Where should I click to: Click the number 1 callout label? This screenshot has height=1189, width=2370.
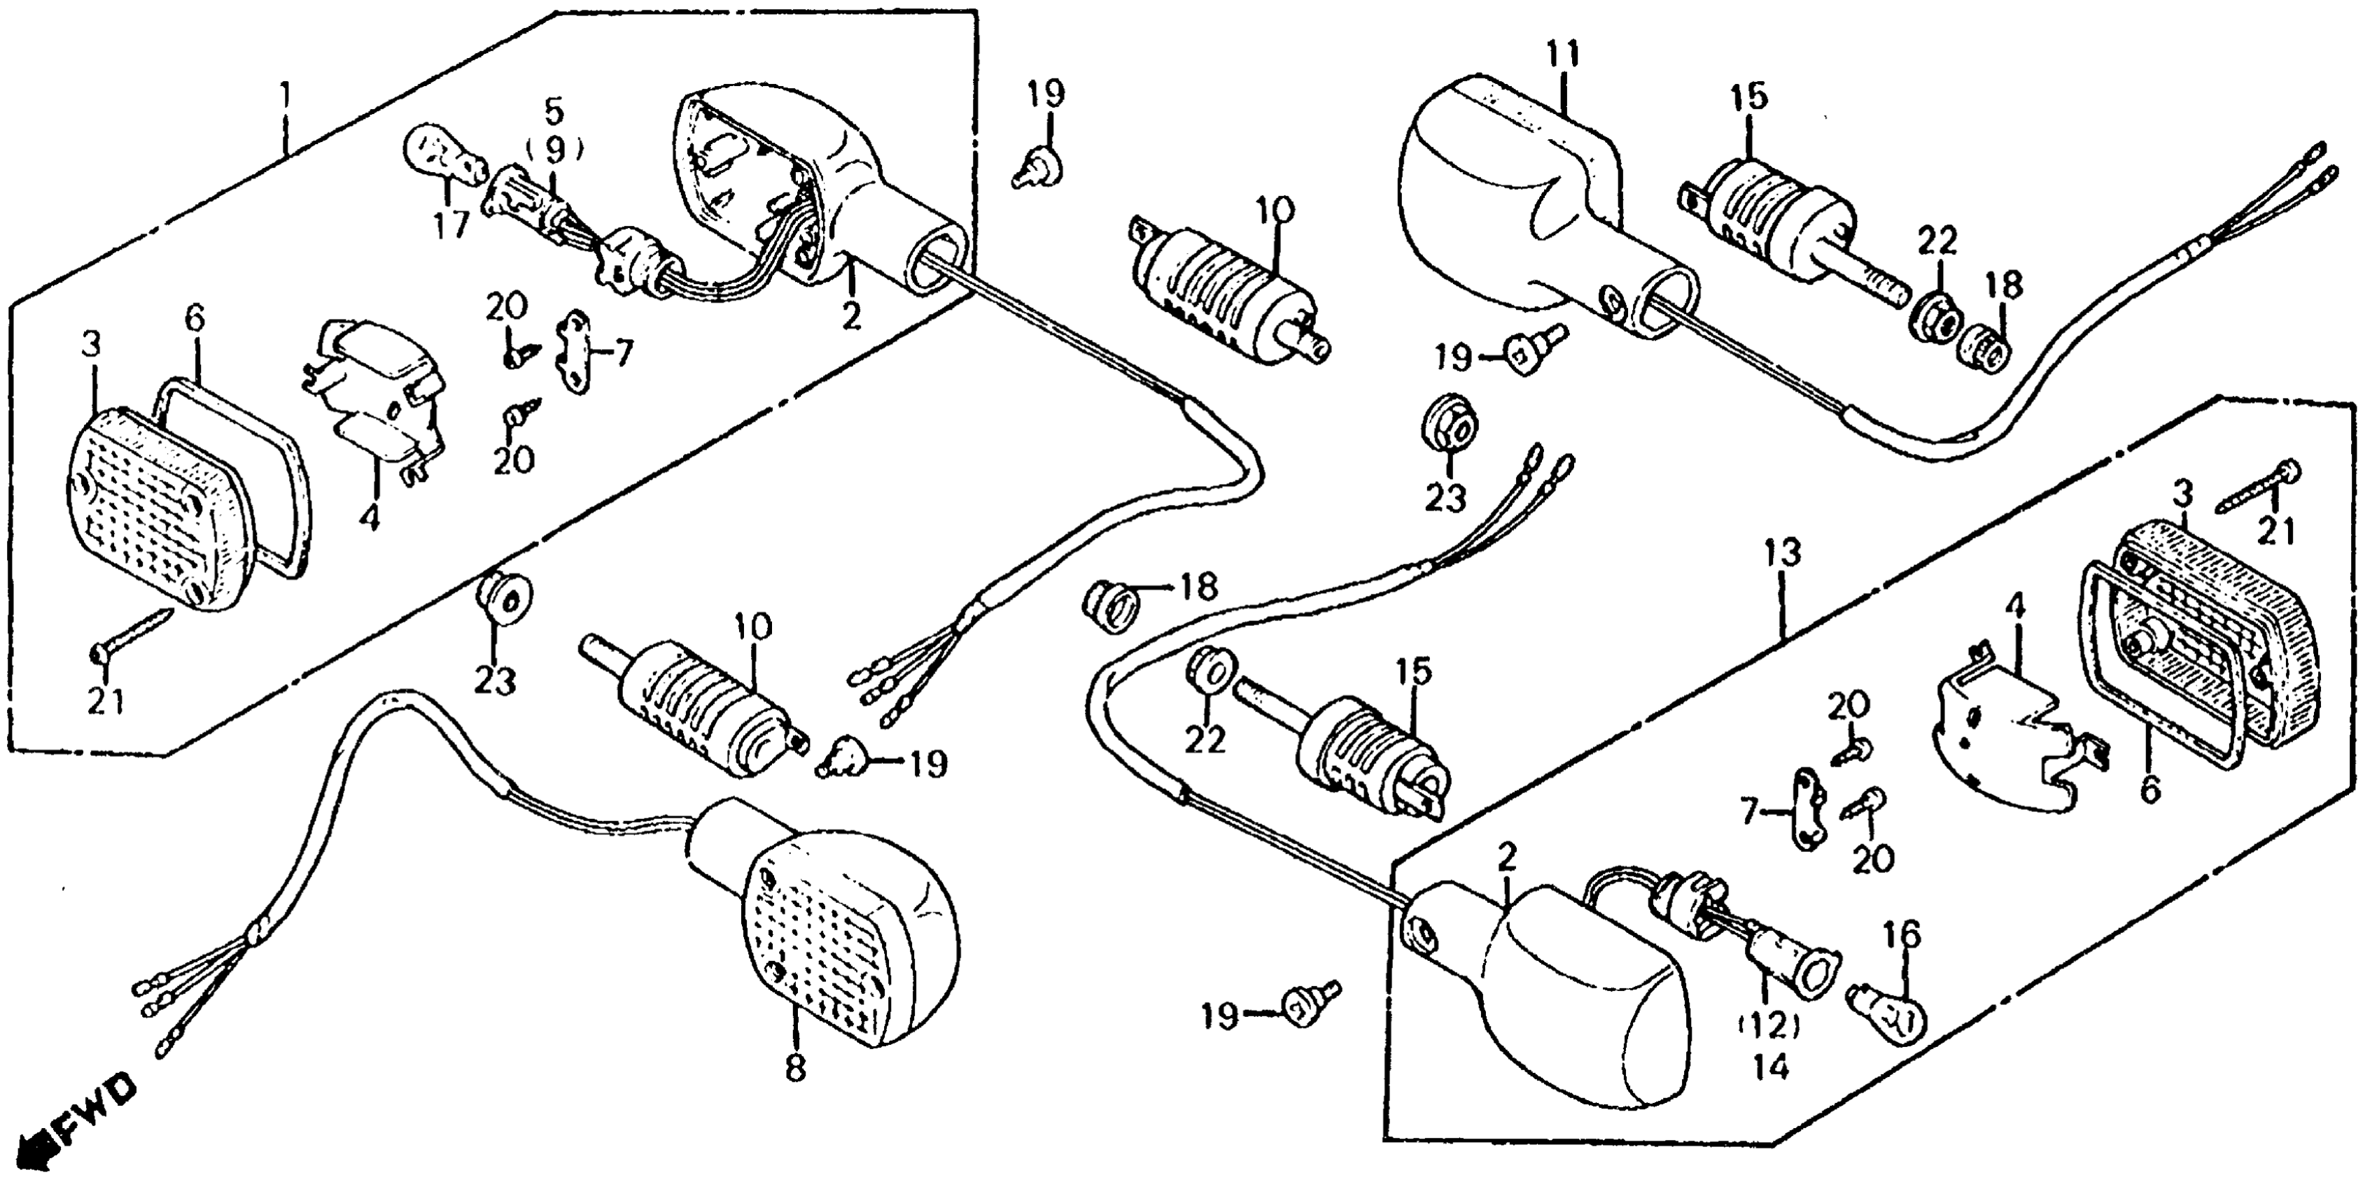click(x=286, y=94)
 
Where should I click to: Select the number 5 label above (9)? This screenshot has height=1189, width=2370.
click(x=553, y=111)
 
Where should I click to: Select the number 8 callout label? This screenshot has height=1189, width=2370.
click(x=795, y=1067)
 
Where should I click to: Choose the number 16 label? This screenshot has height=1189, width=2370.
click(x=1902, y=934)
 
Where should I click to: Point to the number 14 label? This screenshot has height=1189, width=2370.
click(x=1770, y=1067)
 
